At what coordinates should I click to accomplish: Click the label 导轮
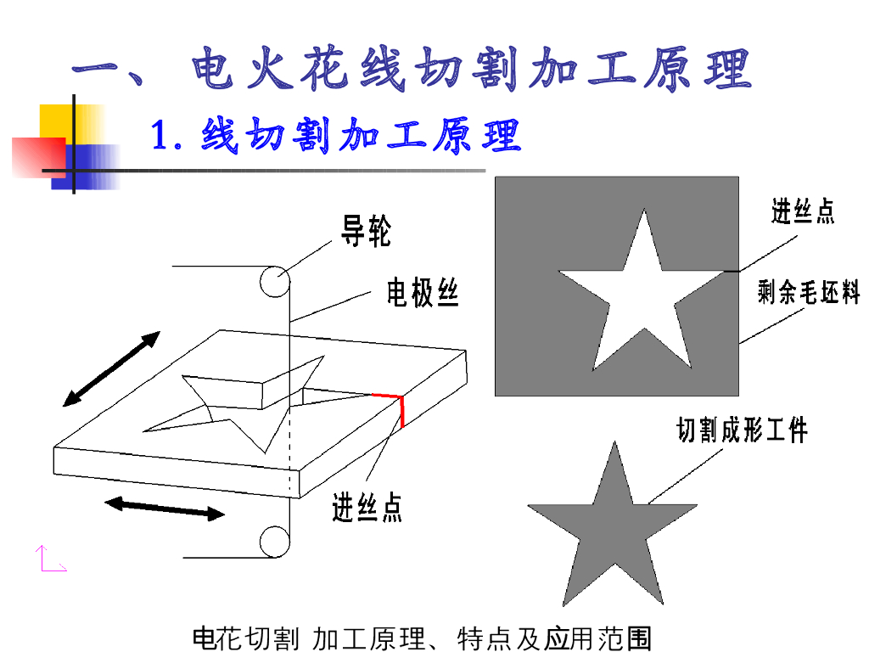pyautogui.click(x=366, y=231)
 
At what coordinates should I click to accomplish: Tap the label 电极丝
pyautogui.click(x=423, y=292)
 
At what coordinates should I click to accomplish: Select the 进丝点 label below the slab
pyautogui.click(x=367, y=507)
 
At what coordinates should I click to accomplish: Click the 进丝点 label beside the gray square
pyautogui.click(x=803, y=211)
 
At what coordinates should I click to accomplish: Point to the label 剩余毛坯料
pyautogui.click(x=809, y=292)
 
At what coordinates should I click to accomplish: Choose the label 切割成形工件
pyautogui.click(x=742, y=430)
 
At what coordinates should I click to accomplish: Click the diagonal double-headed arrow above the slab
pyautogui.click(x=111, y=368)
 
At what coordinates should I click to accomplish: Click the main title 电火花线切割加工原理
pyautogui.click(x=412, y=70)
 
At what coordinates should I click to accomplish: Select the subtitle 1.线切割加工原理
pyautogui.click(x=336, y=135)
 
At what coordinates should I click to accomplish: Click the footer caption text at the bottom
pyautogui.click(x=422, y=638)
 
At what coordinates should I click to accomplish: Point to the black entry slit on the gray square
pyautogui.click(x=731, y=271)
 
